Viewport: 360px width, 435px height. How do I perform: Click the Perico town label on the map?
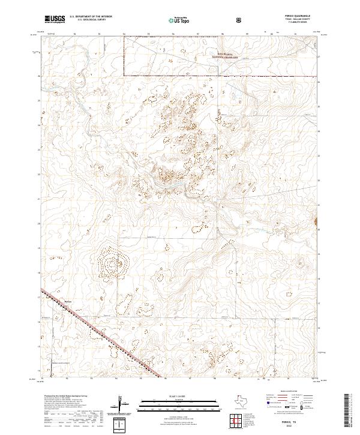click(x=67, y=302)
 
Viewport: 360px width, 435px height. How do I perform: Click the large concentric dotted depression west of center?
click(x=112, y=262)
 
